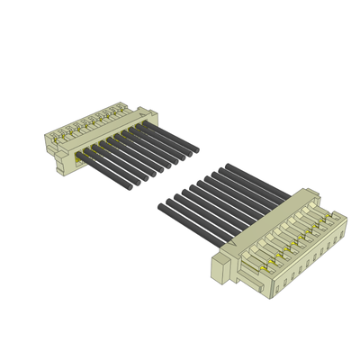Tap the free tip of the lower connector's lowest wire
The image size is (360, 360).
click(x=162, y=208)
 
